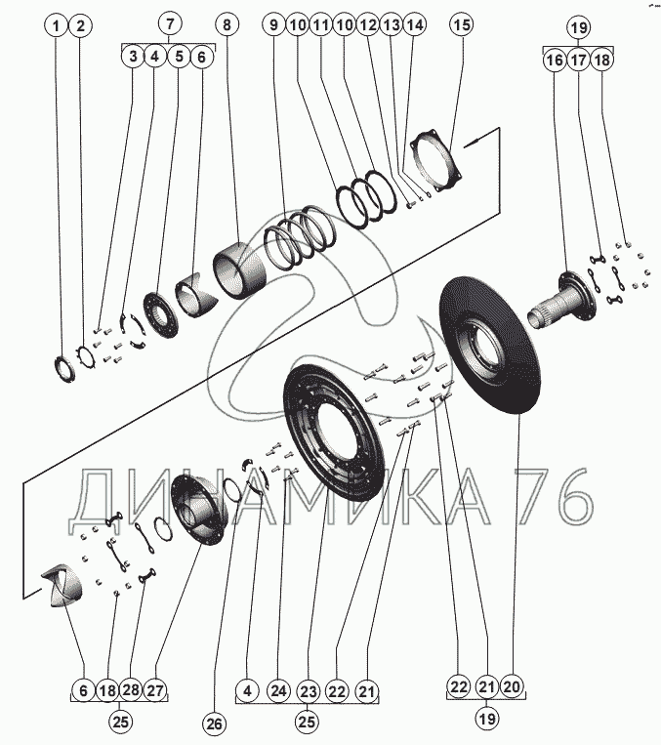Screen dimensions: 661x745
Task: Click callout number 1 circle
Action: click(x=59, y=23)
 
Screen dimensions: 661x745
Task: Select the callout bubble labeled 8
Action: click(x=227, y=23)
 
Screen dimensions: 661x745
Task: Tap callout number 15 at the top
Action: click(x=462, y=23)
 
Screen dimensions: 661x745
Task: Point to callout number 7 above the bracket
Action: click(x=170, y=22)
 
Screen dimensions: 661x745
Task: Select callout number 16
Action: click(x=554, y=61)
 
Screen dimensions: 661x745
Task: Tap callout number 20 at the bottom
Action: click(x=512, y=688)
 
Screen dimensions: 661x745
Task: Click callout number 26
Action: click(x=214, y=724)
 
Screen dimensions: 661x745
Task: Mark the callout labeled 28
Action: click(x=132, y=689)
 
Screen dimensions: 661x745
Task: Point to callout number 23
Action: click(x=309, y=691)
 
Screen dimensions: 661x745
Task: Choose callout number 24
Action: click(x=278, y=691)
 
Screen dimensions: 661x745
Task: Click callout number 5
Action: click(x=180, y=57)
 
